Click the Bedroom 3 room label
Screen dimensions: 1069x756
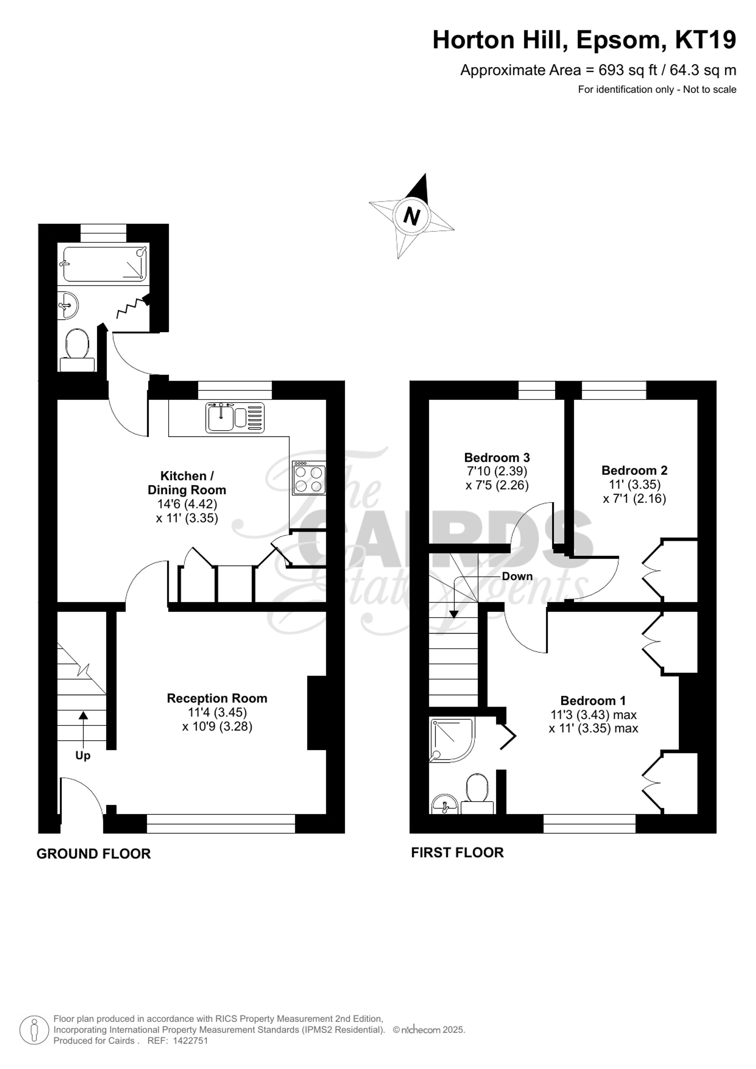(497, 457)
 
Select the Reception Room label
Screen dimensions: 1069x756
(217, 699)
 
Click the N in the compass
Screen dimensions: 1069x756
(411, 217)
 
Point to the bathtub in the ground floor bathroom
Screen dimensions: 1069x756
(105, 264)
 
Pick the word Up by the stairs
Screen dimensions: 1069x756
(83, 756)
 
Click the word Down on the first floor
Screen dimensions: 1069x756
(517, 576)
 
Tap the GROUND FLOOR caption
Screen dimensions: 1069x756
(94, 854)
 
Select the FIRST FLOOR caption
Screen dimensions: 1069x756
(457, 852)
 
